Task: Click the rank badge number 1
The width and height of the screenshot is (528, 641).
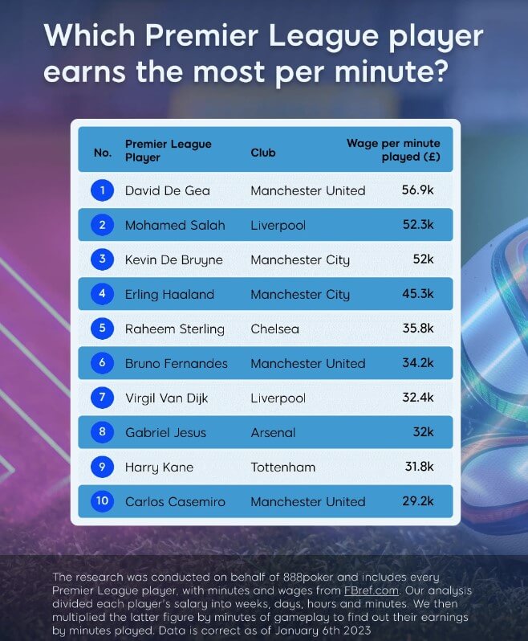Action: tap(102, 190)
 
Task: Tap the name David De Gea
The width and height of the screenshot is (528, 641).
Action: tap(167, 190)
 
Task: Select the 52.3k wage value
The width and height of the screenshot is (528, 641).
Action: tap(417, 225)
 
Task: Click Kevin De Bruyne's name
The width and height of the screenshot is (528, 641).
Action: tap(173, 259)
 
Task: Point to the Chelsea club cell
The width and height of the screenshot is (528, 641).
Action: tap(274, 329)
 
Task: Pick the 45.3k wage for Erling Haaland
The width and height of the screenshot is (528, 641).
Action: tap(417, 294)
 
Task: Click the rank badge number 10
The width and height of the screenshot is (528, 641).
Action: tap(102, 501)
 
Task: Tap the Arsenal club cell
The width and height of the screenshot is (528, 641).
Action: tap(273, 432)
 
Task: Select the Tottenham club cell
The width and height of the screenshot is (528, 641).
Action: tap(282, 467)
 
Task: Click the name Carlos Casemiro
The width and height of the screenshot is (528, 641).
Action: tap(176, 501)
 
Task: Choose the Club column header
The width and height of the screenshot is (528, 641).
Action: tap(263, 151)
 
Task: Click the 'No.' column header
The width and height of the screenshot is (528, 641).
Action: tap(102, 151)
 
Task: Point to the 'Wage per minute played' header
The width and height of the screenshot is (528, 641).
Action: tap(393, 149)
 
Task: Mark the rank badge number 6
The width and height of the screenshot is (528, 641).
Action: tap(102, 363)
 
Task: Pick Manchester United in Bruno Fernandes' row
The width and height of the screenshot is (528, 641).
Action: tap(307, 363)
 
